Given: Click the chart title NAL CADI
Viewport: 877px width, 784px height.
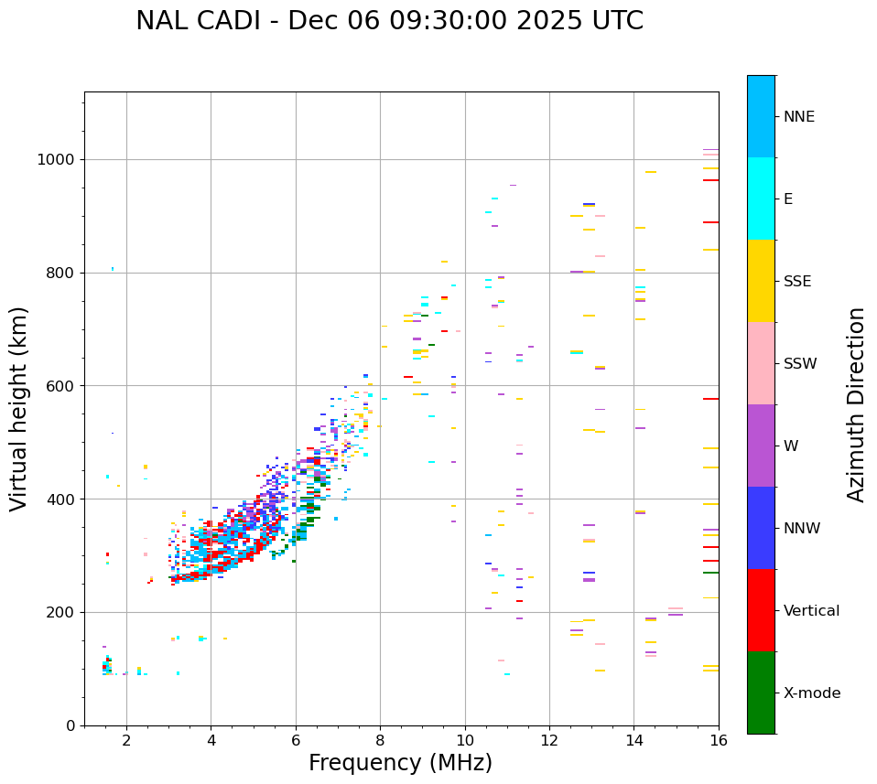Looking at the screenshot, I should pos(389,21).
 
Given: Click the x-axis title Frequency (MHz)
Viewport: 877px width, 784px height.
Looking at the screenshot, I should pos(400,763).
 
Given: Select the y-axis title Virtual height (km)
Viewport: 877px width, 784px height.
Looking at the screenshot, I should pos(19,409).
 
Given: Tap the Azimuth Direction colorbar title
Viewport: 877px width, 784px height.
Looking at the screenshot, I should pos(856,404).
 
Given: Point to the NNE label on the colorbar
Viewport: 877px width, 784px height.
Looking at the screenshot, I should pos(798,117).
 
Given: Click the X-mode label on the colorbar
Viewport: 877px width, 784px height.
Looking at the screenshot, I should pos(811,693).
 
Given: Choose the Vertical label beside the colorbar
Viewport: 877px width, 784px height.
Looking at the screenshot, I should pos(811,611).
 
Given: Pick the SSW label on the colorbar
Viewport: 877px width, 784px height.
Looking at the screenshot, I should pos(800,364).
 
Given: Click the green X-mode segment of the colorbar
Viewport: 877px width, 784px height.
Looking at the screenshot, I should pos(761,693).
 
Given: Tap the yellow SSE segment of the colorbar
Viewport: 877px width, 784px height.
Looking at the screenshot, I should pos(761,281).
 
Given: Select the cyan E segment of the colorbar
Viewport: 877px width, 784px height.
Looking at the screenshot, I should pos(761,199).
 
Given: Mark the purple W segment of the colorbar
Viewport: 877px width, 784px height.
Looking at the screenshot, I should pos(761,446).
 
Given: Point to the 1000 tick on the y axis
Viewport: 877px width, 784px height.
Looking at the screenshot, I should pos(59,159).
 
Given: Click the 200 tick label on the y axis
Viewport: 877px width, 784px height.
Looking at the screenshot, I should pos(63,612).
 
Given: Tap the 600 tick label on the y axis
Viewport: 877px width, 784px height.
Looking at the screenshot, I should pos(63,386).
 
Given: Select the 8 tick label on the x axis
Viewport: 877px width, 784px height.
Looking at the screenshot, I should pos(380,740).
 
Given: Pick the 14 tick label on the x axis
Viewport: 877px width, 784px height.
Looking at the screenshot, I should pos(633,740).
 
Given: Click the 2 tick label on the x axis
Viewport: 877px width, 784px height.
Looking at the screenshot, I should pos(126,740).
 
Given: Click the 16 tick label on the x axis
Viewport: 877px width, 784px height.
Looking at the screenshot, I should pos(719,740).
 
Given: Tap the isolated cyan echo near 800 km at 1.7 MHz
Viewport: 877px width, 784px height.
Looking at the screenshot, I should pos(113,269).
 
